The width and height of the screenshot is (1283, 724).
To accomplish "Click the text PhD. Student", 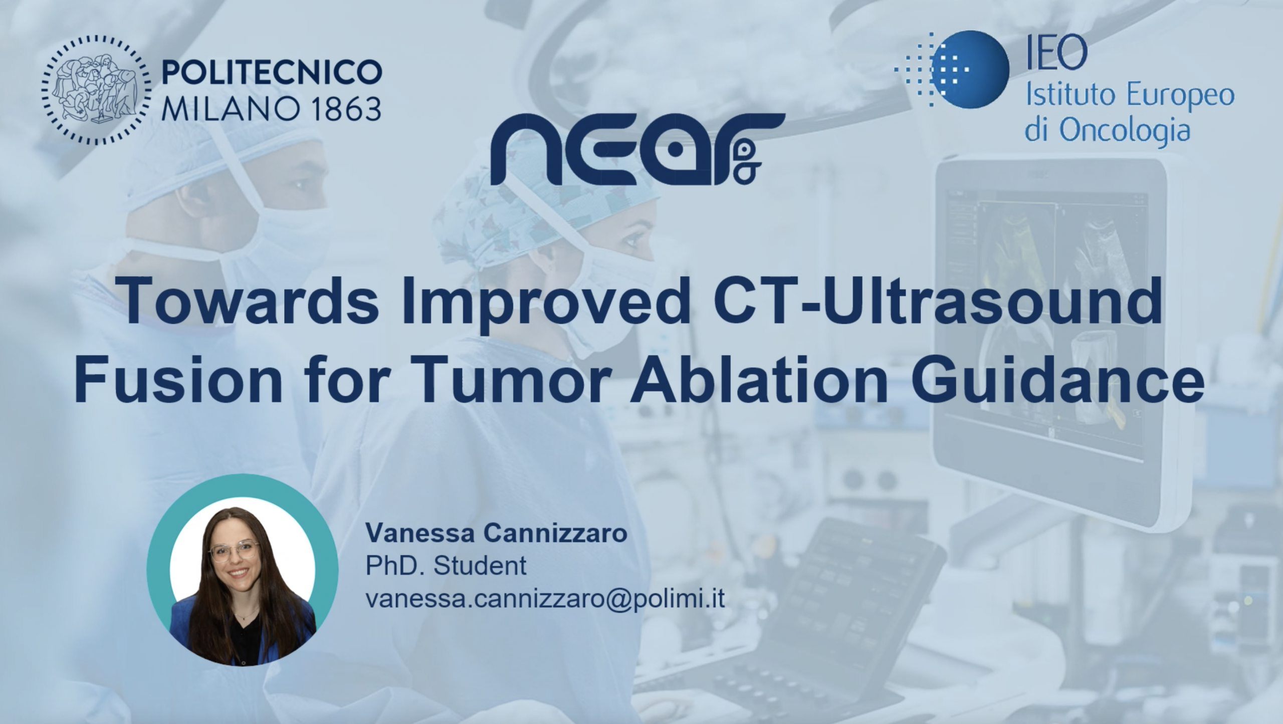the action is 446,566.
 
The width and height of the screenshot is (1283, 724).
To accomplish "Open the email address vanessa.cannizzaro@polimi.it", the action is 545,599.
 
